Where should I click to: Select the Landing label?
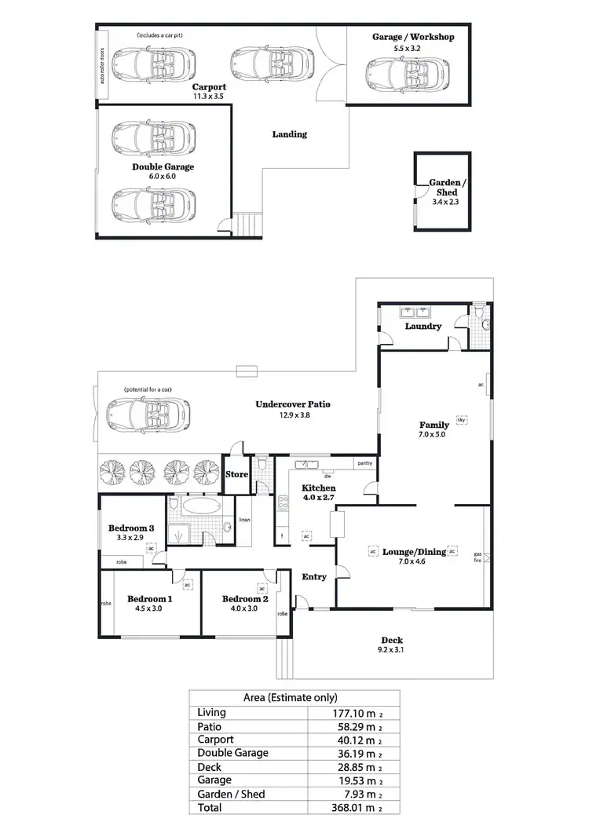289,134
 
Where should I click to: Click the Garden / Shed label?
448,187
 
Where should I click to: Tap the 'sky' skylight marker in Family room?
462,420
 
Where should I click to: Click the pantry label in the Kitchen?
364,463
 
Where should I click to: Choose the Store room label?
236,474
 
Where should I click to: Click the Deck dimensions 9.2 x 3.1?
391,649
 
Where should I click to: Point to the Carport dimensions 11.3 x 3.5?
209,96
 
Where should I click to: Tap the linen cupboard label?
244,520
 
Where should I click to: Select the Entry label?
314,577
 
